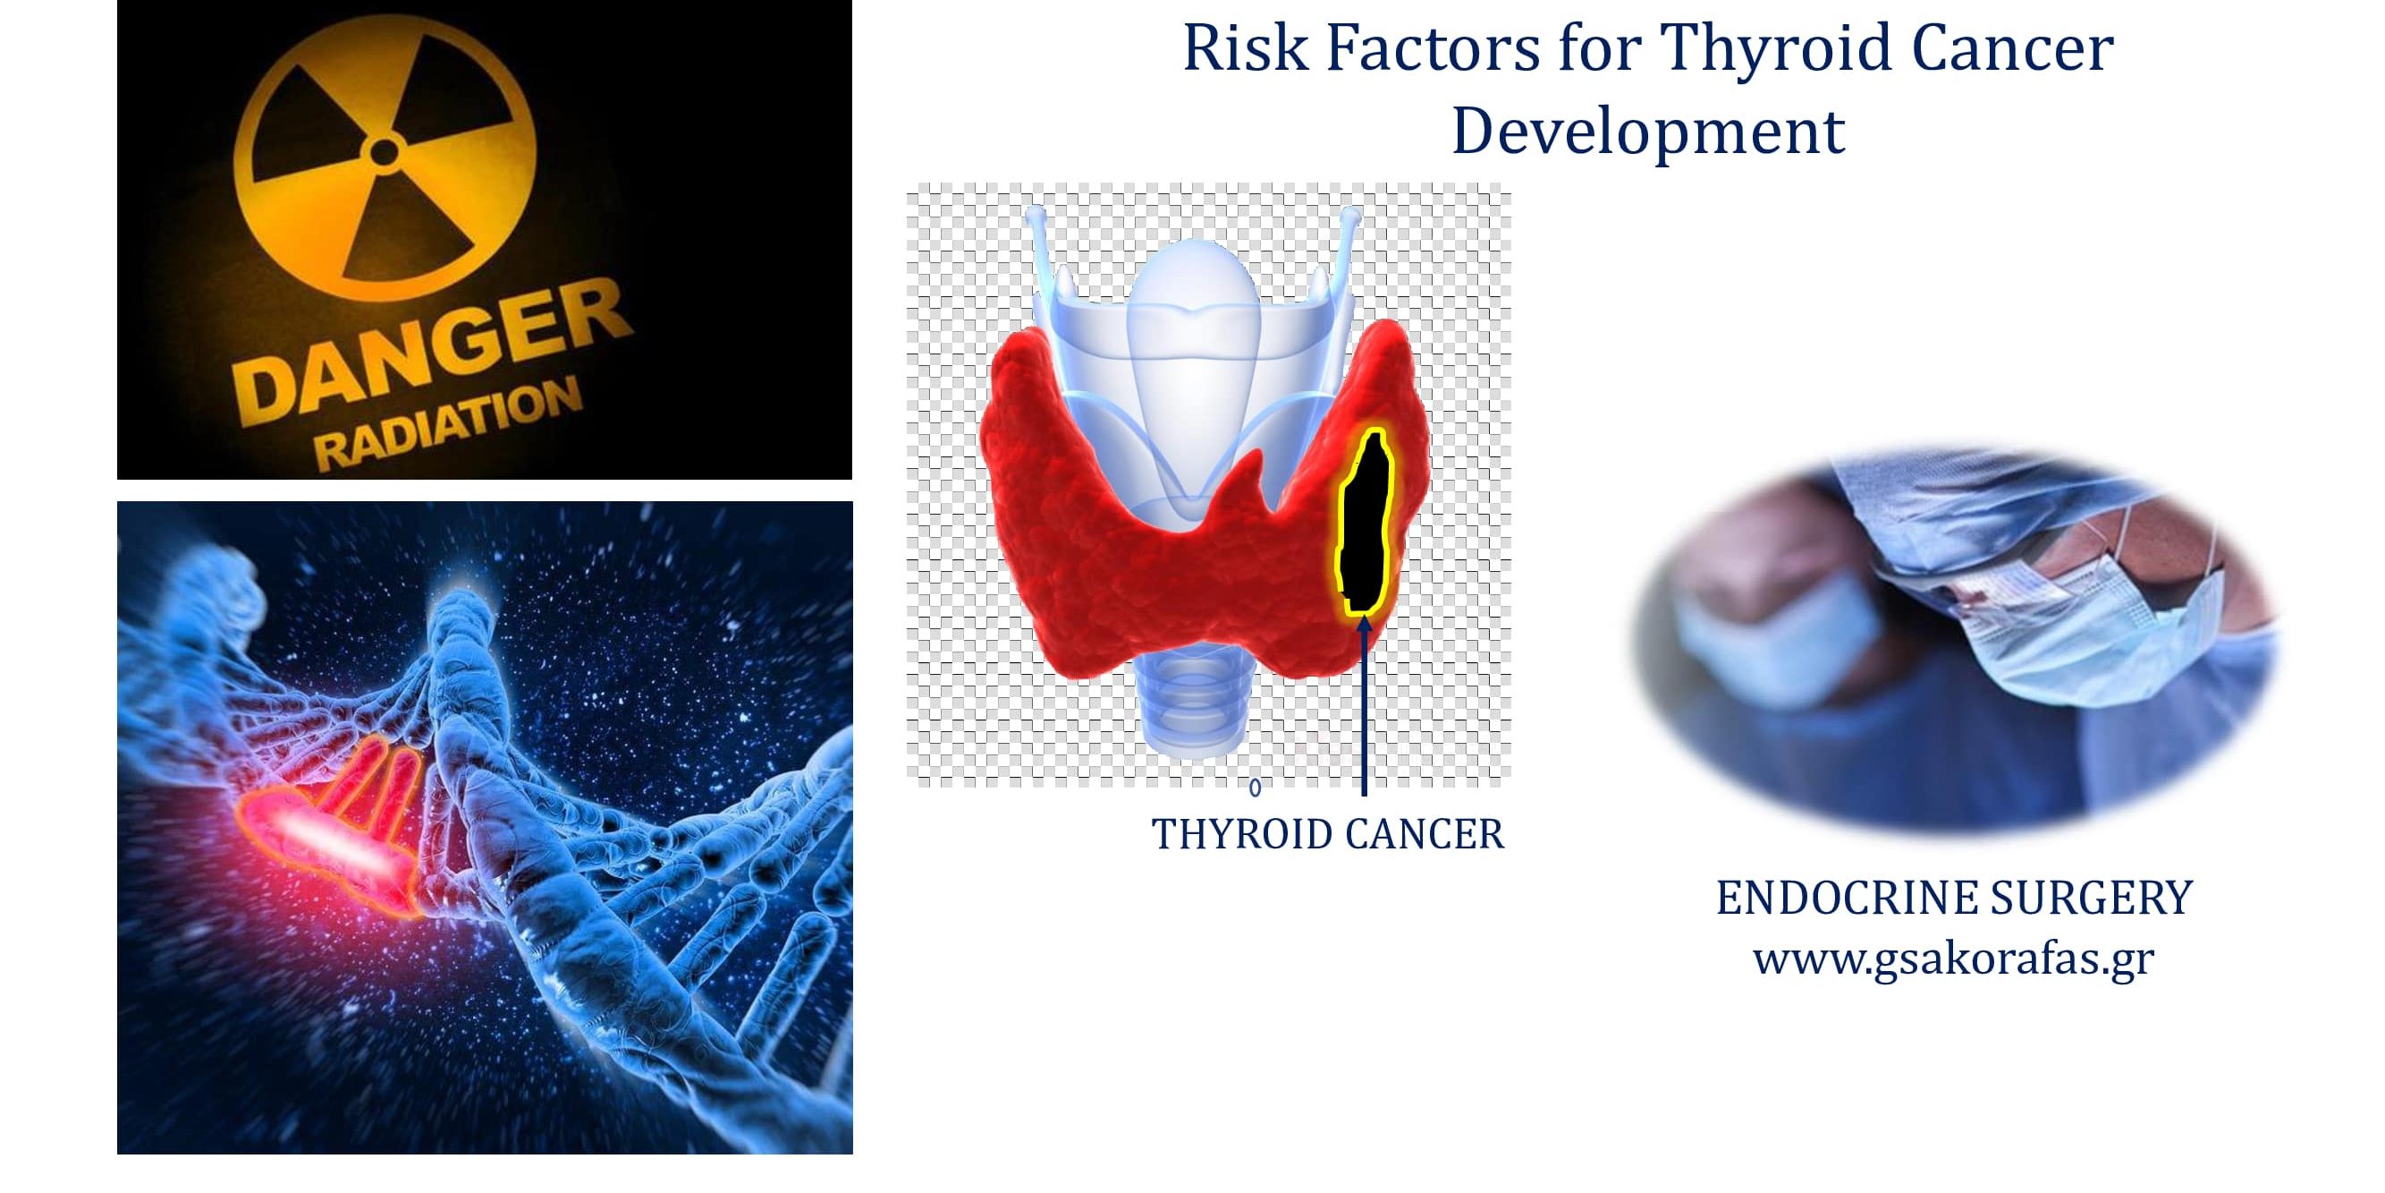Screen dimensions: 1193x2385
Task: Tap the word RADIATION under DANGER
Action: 448,427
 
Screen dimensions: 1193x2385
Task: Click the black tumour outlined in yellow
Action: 1366,528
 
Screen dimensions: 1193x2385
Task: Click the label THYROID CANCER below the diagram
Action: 1327,834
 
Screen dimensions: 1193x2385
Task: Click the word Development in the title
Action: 1647,132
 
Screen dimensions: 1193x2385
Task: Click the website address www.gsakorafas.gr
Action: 1954,958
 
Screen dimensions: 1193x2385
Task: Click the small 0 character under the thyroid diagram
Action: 1255,788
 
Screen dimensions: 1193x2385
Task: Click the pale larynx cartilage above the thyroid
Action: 1195,306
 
